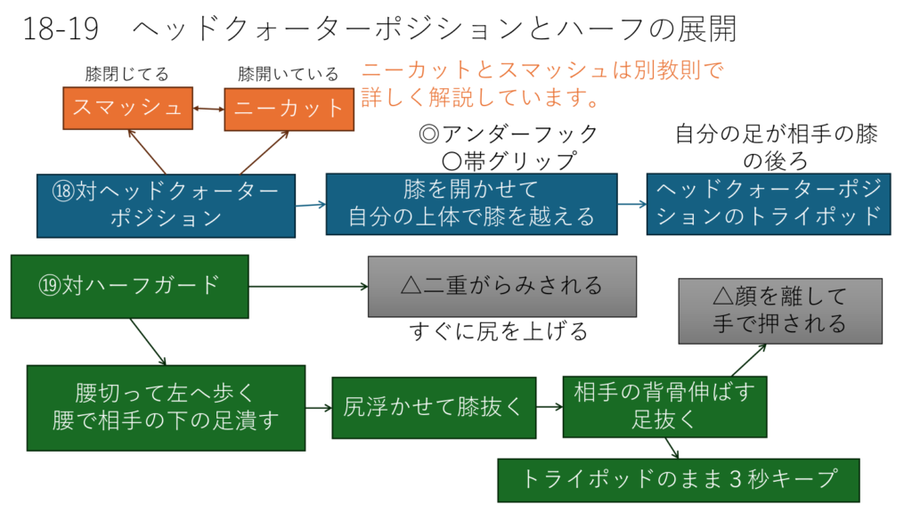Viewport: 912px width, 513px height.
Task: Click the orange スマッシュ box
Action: point(128,108)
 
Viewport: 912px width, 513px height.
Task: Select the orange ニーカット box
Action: point(289,109)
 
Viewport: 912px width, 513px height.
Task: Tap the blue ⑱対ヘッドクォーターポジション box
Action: point(166,205)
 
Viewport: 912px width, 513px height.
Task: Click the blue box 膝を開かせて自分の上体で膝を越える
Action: point(471,203)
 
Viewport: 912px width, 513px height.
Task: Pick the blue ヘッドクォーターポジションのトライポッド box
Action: point(769,203)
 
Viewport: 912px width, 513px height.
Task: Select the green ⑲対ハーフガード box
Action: point(129,286)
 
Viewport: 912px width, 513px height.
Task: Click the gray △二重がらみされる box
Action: point(502,286)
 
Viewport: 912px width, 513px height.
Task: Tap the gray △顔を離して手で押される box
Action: point(780,310)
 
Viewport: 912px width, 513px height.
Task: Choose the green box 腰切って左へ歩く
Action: point(166,407)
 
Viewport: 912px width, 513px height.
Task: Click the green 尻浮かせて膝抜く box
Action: point(434,407)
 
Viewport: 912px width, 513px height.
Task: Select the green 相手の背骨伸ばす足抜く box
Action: point(664,406)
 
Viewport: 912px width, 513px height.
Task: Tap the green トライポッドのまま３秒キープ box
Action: point(679,479)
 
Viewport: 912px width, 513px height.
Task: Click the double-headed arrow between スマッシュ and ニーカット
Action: point(208,109)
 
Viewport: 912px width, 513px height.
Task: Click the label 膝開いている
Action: point(289,74)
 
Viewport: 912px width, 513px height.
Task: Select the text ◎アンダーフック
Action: point(508,134)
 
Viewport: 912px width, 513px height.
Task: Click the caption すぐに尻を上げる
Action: point(499,332)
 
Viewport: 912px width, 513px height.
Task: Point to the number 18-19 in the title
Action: point(53,29)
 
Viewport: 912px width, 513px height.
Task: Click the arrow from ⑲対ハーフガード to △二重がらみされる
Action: point(308,286)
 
